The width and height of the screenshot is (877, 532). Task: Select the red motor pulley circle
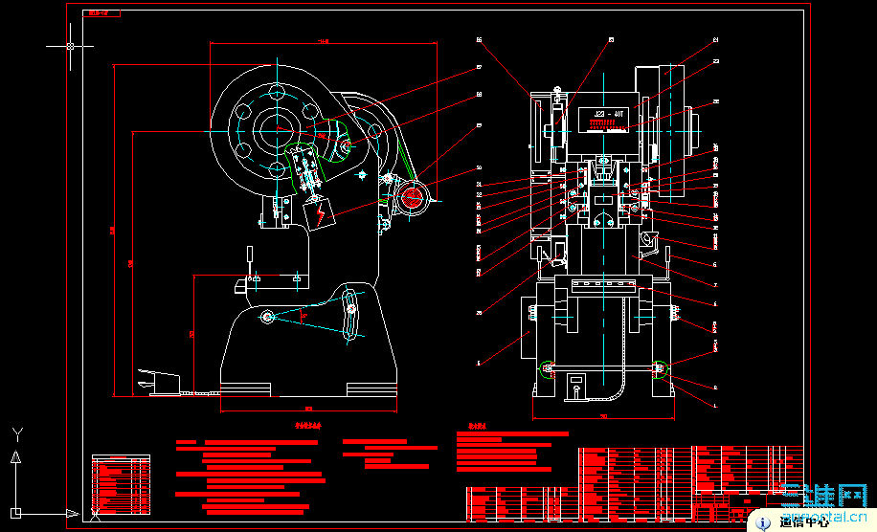coord(413,197)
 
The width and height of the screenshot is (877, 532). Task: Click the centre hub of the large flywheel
coord(277,126)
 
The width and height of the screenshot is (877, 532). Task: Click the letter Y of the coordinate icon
coord(16,433)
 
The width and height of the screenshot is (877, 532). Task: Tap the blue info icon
coord(763,521)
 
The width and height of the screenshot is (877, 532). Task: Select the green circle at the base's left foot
coord(547,369)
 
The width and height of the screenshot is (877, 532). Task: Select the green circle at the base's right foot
coord(660,369)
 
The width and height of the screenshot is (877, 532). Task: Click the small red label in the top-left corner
coord(97,13)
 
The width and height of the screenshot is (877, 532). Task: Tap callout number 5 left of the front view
coord(479,363)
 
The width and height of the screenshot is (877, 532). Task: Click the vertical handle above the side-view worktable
coord(250,256)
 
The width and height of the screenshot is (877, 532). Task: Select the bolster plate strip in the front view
coord(603,284)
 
